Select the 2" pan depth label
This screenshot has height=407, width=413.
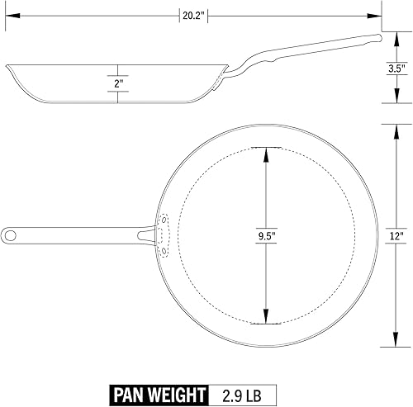119,84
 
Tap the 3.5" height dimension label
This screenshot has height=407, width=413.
396,69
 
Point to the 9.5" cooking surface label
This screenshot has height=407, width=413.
266,235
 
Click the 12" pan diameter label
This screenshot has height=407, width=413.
396,235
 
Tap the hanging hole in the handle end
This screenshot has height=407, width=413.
11,235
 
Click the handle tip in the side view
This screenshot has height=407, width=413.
378,36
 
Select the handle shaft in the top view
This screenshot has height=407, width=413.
83,235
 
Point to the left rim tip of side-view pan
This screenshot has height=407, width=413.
7,65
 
